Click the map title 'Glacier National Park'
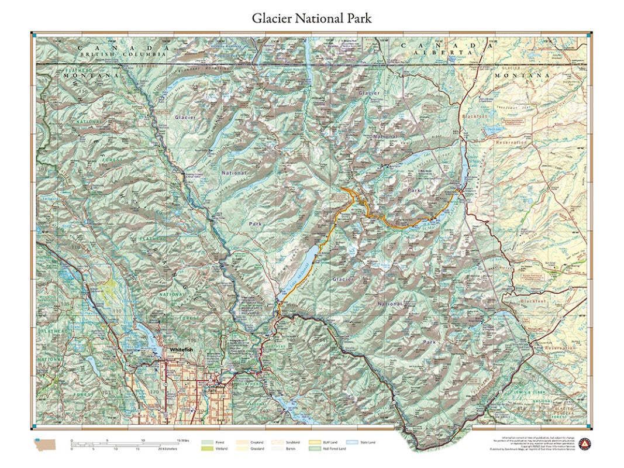[x=312, y=18]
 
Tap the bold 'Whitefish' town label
[x=181, y=349]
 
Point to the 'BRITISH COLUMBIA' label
[x=115, y=54]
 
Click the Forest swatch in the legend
[x=206, y=442]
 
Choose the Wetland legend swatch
[x=206, y=449]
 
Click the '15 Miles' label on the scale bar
[x=182, y=440]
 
